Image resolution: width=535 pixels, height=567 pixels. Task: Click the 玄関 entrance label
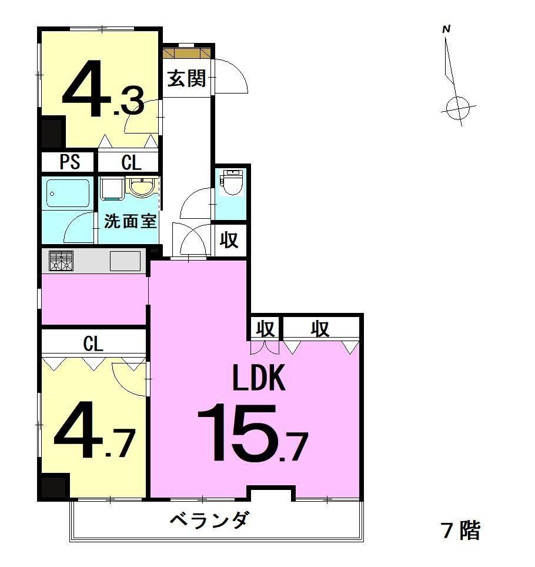186,78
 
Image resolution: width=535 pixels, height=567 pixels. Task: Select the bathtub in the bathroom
68,193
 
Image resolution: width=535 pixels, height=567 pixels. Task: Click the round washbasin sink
144,186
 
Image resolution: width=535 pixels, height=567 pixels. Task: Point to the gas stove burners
61,261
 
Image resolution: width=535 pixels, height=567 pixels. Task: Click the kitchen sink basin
125,261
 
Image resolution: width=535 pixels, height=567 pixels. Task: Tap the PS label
70,162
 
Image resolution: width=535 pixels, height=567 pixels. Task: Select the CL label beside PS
131,162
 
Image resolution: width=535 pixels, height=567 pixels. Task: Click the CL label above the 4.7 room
93,343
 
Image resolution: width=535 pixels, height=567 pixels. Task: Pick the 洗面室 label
131,221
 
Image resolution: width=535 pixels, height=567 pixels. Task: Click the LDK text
259,378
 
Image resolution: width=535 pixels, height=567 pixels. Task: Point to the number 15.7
252,433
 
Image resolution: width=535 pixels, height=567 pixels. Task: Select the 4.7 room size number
95,429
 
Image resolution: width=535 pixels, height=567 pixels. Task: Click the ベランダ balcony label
209,521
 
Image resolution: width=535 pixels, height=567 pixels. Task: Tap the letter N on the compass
446,29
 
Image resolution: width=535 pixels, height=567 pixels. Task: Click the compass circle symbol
456,108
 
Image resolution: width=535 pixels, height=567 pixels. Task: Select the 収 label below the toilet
229,239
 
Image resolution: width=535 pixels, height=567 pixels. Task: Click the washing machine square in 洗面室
112,188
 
